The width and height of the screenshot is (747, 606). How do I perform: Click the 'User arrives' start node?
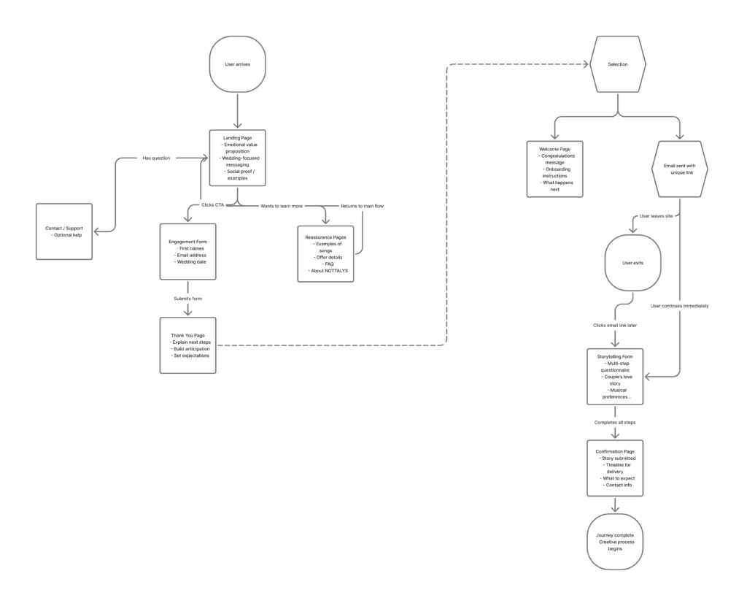coord(237,65)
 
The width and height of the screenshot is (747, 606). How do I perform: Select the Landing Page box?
coord(237,157)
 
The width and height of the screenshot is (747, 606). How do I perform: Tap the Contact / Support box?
coord(64,231)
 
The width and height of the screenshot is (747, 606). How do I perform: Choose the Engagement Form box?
coord(188,251)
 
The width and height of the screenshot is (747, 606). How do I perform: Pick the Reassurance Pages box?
coord(325,253)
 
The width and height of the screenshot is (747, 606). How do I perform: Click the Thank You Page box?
coord(188,345)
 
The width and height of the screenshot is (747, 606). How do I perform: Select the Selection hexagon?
coord(617,65)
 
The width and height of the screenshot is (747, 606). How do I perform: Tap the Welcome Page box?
coord(554,169)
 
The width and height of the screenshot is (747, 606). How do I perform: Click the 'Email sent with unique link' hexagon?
coord(680,169)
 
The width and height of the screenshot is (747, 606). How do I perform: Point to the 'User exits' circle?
coord(633,261)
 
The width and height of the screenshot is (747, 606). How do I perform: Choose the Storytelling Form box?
coord(616,376)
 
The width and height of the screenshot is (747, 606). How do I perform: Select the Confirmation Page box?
coord(615,468)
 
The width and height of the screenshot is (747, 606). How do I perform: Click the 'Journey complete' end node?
coord(615,542)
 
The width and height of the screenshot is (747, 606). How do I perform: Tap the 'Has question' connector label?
coord(156,158)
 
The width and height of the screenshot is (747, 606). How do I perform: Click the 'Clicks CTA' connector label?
coord(213,205)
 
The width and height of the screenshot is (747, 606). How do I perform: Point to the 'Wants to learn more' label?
coord(282,206)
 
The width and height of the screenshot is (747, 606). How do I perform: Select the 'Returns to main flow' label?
coord(363,206)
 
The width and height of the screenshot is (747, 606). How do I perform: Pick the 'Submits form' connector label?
coord(188,298)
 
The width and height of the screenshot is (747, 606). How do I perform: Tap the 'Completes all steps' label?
coord(616,423)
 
